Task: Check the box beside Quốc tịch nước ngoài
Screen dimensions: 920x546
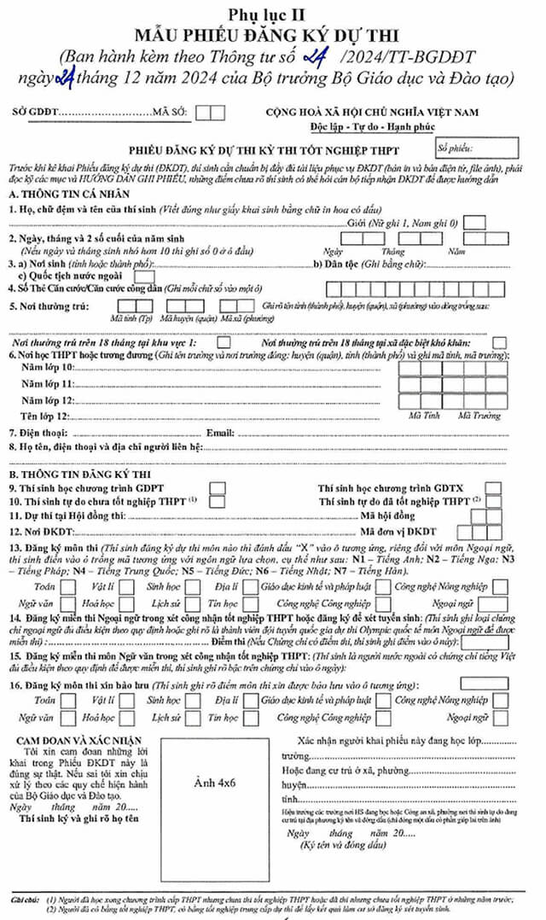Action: pyautogui.click(x=144, y=276)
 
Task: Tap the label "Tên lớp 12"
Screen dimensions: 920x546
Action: pyautogui.click(x=44, y=416)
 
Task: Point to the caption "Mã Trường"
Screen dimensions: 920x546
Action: pyautogui.click(x=479, y=416)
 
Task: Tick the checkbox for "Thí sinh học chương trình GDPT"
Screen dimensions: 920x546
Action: pyautogui.click(x=218, y=487)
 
